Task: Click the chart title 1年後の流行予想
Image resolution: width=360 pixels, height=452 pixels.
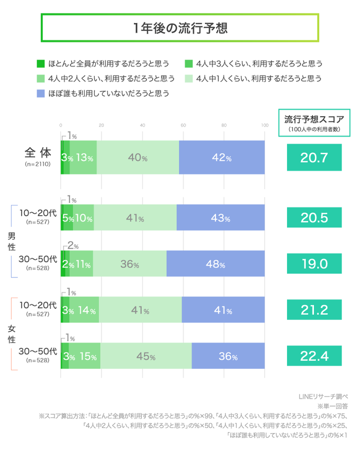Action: pyautogui.click(x=180, y=28)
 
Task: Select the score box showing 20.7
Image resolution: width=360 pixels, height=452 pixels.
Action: pyautogui.click(x=314, y=158)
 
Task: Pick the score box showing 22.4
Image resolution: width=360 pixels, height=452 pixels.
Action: pyautogui.click(x=314, y=356)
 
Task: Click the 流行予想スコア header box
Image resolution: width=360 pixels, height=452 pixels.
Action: pyautogui.click(x=314, y=123)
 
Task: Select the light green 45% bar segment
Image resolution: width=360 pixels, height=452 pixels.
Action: pyautogui.click(x=145, y=356)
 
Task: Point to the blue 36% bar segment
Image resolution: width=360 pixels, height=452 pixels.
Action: pyautogui.click(x=228, y=356)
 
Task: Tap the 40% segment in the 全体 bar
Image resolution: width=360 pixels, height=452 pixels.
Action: pyautogui.click(x=137, y=158)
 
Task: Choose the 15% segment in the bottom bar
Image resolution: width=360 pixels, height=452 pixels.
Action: pyautogui.click(x=85, y=356)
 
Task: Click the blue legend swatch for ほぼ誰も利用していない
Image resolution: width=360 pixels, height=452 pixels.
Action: pyautogui.click(x=41, y=93)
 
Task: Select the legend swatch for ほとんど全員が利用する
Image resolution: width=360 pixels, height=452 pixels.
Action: pyautogui.click(x=41, y=64)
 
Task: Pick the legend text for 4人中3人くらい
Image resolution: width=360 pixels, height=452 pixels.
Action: pyautogui.click(x=259, y=64)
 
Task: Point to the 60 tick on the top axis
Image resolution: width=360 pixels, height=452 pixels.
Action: pyautogui.click(x=183, y=125)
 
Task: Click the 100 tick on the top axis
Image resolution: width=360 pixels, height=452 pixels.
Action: pyautogui.click(x=264, y=125)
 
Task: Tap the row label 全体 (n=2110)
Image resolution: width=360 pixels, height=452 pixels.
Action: pyautogui.click(x=36, y=156)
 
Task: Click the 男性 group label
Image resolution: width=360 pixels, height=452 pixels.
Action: pyautogui.click(x=11, y=241)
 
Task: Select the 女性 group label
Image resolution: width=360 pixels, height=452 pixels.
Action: pyautogui.click(x=11, y=334)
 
